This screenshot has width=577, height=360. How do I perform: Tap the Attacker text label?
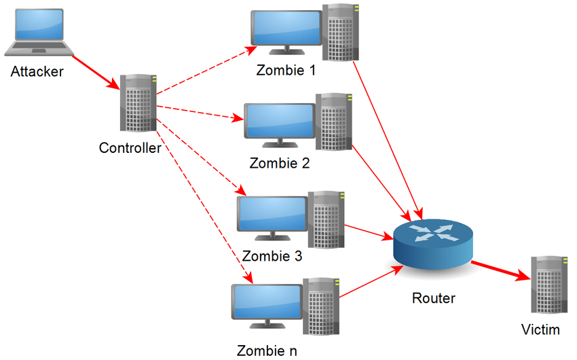click(x=37, y=71)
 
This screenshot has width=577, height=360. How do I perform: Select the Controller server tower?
click(x=138, y=103)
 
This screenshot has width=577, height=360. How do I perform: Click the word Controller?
click(x=130, y=147)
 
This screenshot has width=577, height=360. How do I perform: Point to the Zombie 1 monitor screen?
click(x=286, y=31)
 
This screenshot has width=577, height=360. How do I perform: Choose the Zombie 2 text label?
click(x=280, y=163)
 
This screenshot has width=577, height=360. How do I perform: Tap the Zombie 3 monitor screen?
click(x=272, y=215)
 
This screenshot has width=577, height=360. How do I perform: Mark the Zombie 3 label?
click(x=272, y=257)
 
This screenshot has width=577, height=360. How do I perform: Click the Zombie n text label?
click(x=266, y=351)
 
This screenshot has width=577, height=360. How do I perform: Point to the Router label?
click(x=434, y=298)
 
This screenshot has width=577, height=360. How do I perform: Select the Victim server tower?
click(x=549, y=285)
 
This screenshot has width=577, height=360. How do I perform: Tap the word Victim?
click(x=540, y=331)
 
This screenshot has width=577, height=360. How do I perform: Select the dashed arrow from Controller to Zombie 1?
click(x=204, y=67)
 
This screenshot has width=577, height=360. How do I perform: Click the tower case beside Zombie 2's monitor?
click(x=335, y=122)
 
